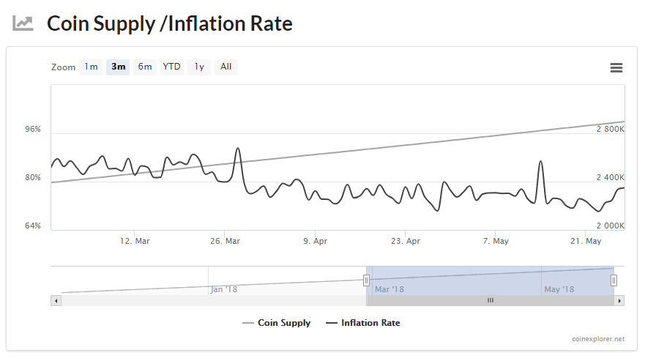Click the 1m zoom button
[x=91, y=67]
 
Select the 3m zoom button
[x=118, y=67]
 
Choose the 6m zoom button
[x=145, y=67]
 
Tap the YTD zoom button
[x=171, y=67]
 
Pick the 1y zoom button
[x=199, y=67]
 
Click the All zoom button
[x=226, y=67]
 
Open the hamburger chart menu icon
[x=616, y=68]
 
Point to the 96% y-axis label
[x=33, y=130]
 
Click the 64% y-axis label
[x=33, y=226]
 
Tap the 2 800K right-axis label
[x=611, y=130]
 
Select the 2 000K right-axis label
[x=611, y=226]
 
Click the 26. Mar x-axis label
[x=225, y=241]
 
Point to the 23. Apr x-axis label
[x=406, y=241]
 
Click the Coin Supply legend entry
[x=277, y=323]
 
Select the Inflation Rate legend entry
[x=363, y=323]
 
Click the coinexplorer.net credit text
[x=599, y=339]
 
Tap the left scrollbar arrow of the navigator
[x=56, y=300]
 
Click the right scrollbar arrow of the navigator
[x=619, y=300]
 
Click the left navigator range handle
[x=367, y=280]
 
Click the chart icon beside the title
[x=23, y=23]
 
